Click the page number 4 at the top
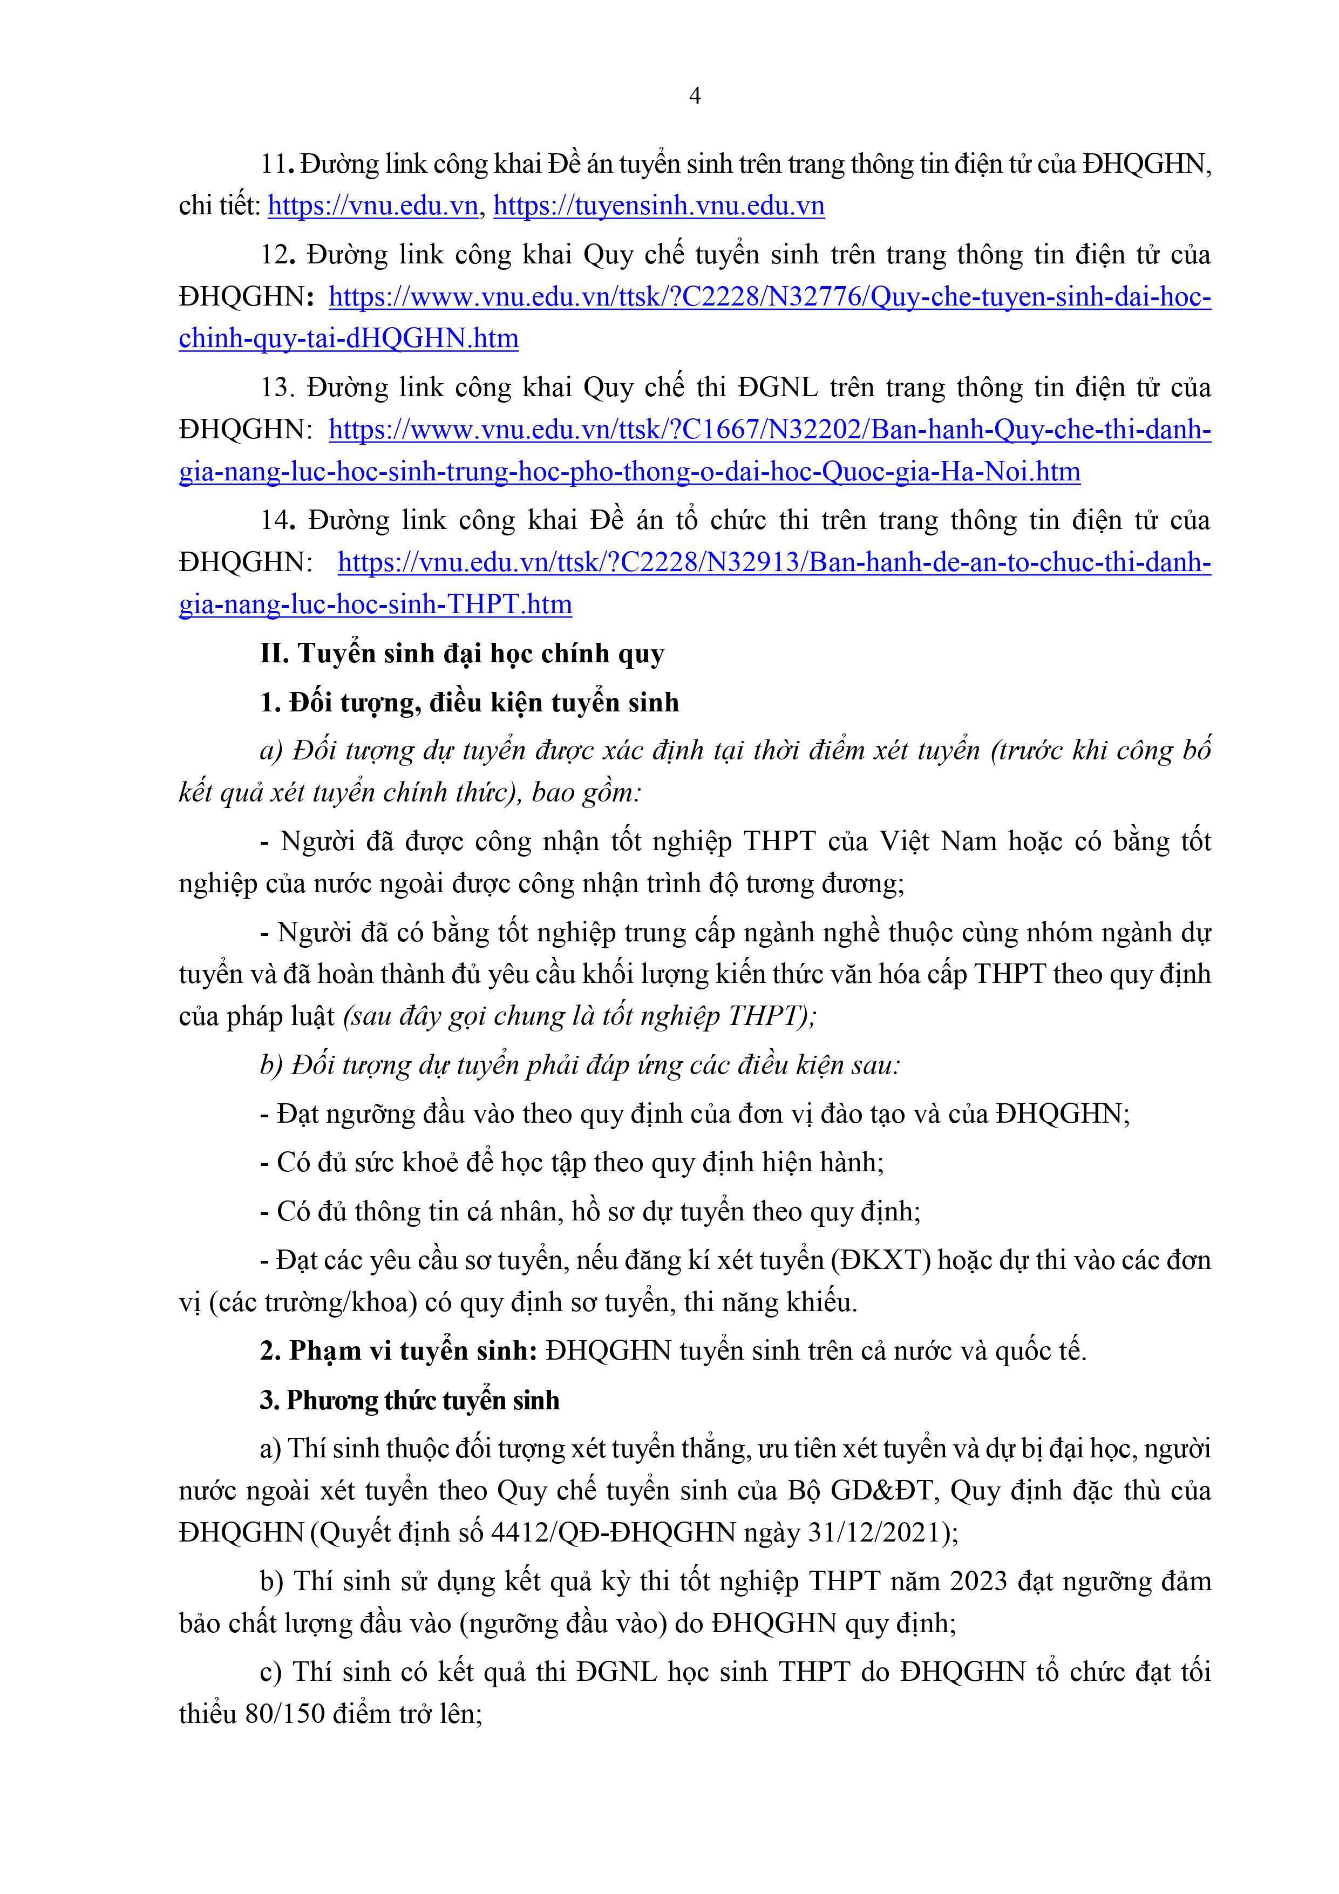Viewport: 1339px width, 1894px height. point(695,97)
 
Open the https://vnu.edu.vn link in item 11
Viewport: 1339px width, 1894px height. point(373,206)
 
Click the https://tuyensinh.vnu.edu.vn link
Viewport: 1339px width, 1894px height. point(658,206)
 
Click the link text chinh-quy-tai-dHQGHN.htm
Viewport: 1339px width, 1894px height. point(348,338)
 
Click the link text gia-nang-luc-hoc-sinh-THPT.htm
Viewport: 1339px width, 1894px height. point(376,605)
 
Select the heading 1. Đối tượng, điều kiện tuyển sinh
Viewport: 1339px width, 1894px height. point(468,703)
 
